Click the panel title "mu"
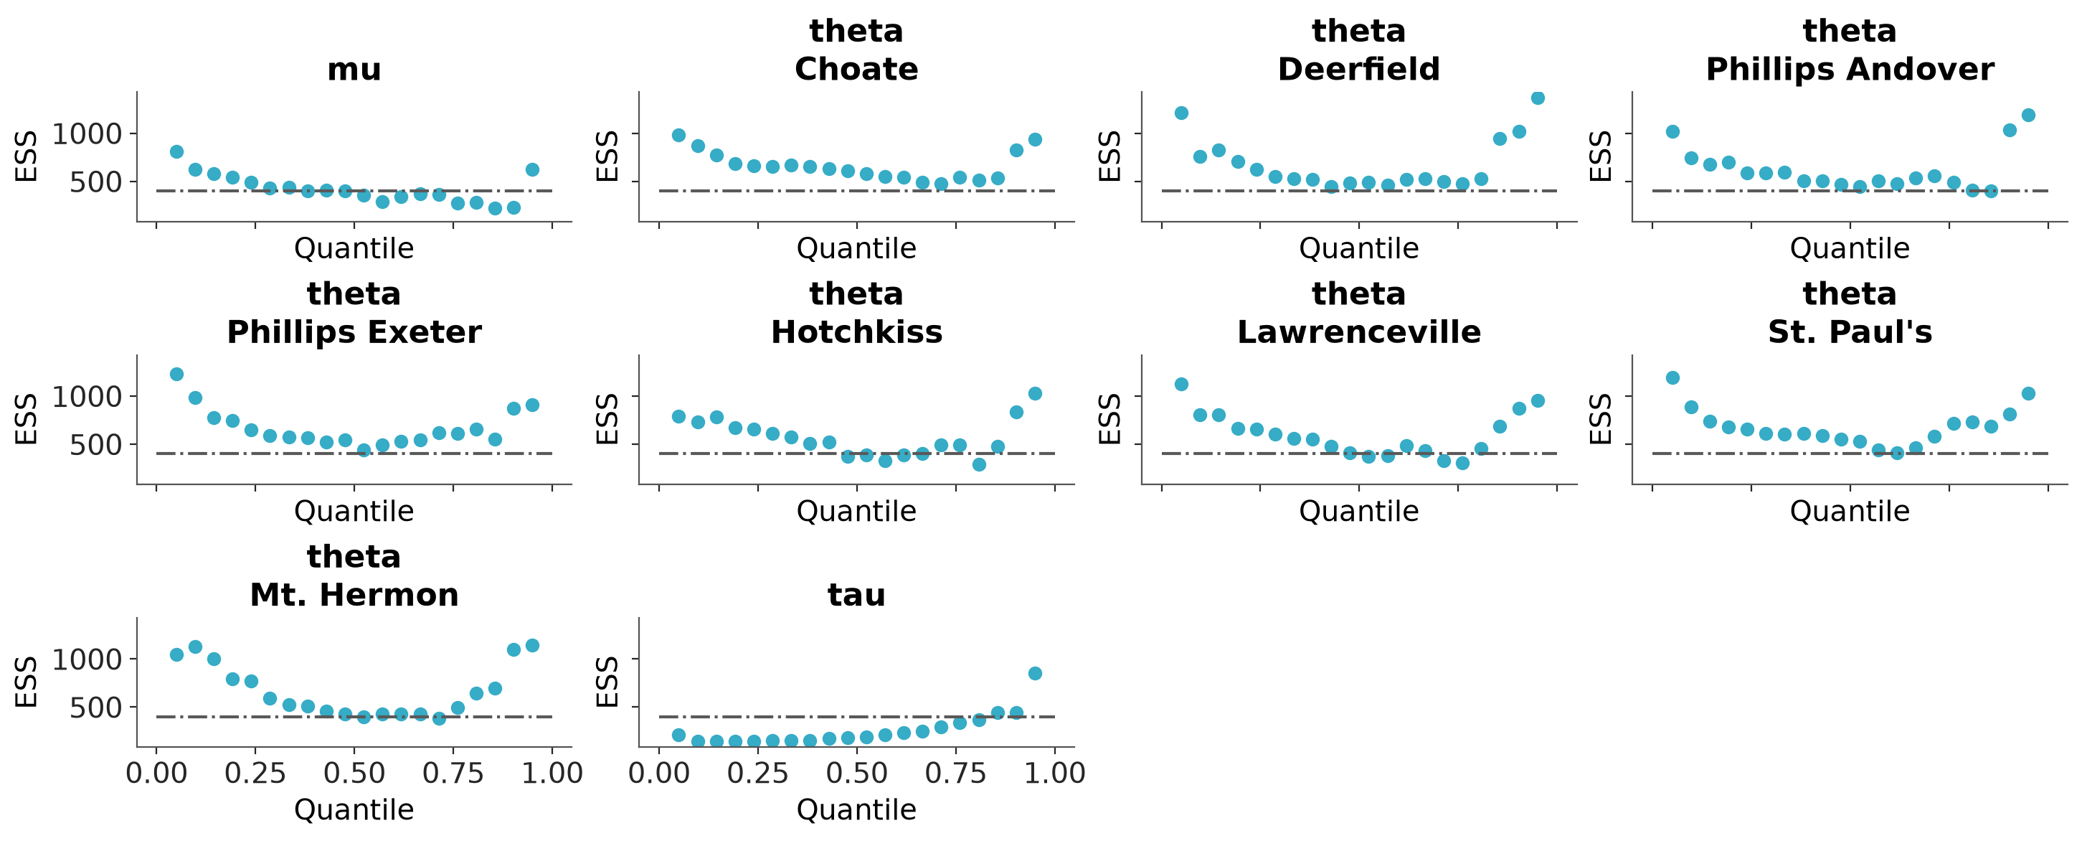pos(354,70)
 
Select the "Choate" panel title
pos(857,70)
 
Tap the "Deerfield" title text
pos(1358,70)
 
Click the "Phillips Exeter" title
pos(354,332)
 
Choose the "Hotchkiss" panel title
pos(857,332)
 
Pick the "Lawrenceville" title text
pos(1358,332)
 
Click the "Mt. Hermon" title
pos(354,595)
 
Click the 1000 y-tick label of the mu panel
pos(87,134)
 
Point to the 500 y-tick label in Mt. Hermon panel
pos(96,708)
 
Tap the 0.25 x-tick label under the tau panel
pos(758,774)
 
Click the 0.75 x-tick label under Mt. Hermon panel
pos(453,774)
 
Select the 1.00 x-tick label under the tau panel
pos(1055,774)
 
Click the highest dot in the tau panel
pos(1034,674)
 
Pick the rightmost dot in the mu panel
pos(532,170)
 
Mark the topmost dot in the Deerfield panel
pos(1537,98)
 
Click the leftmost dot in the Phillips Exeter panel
pos(176,375)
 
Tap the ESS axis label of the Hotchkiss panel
pos(607,419)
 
